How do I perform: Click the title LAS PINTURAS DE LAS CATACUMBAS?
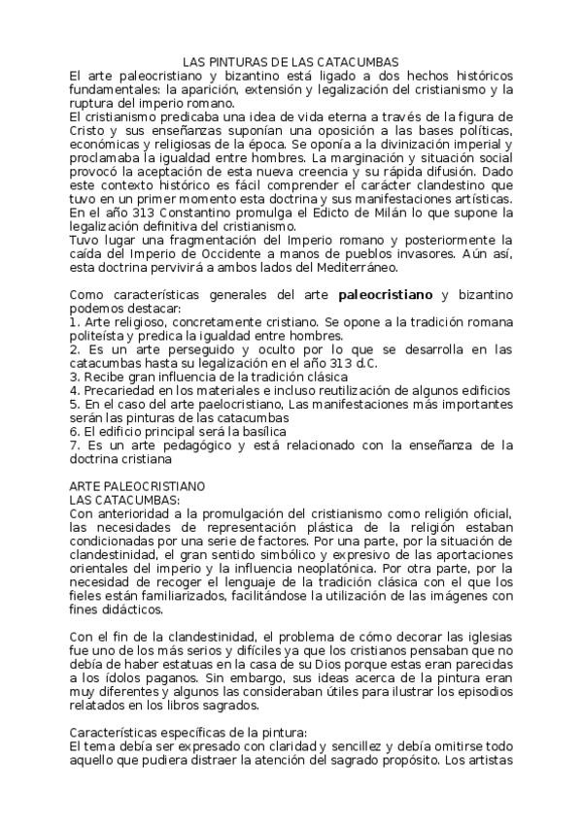[291, 61]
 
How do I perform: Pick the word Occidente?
[233, 253]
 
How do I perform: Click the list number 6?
[74, 429]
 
